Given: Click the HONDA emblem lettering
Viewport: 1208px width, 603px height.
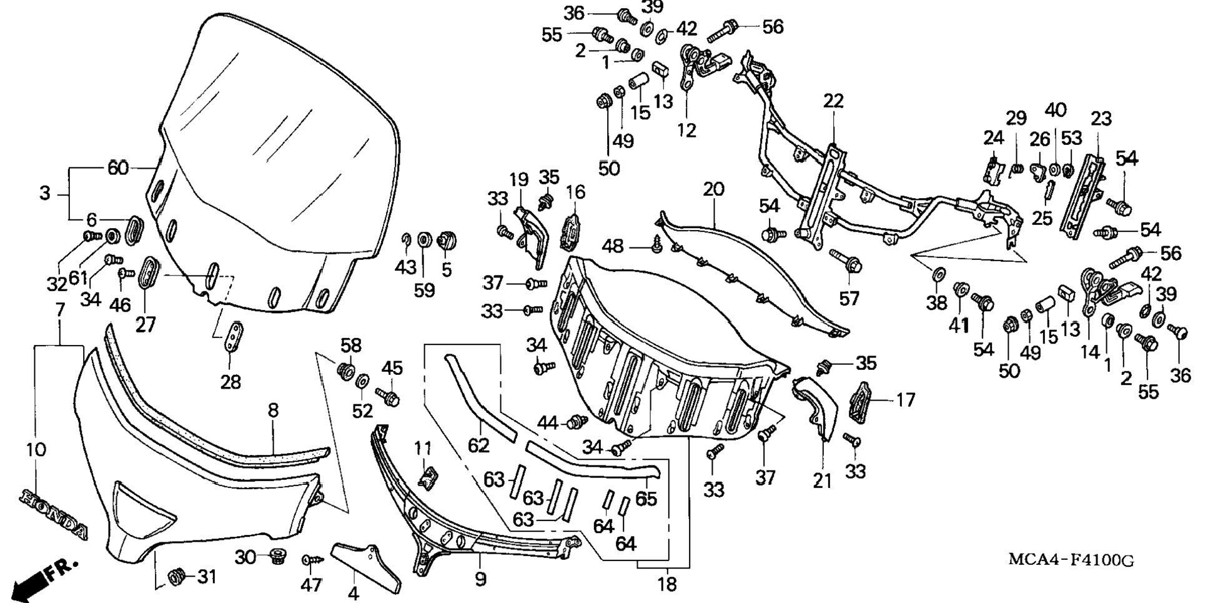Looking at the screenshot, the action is (54, 514).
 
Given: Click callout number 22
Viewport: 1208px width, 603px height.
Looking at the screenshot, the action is (833, 101).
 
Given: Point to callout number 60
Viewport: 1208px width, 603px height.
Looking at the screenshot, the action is (118, 168).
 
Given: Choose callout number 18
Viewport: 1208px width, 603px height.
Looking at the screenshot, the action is (667, 584).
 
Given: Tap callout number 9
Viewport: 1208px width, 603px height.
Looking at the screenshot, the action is (480, 579).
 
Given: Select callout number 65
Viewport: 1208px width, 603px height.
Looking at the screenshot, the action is (646, 499).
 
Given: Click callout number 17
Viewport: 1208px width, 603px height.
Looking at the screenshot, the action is (906, 399).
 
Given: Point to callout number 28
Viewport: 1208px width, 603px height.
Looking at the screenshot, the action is (230, 381).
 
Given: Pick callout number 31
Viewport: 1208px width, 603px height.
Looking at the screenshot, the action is (207, 576).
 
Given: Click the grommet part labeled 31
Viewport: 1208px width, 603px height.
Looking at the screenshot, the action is (176, 577).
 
